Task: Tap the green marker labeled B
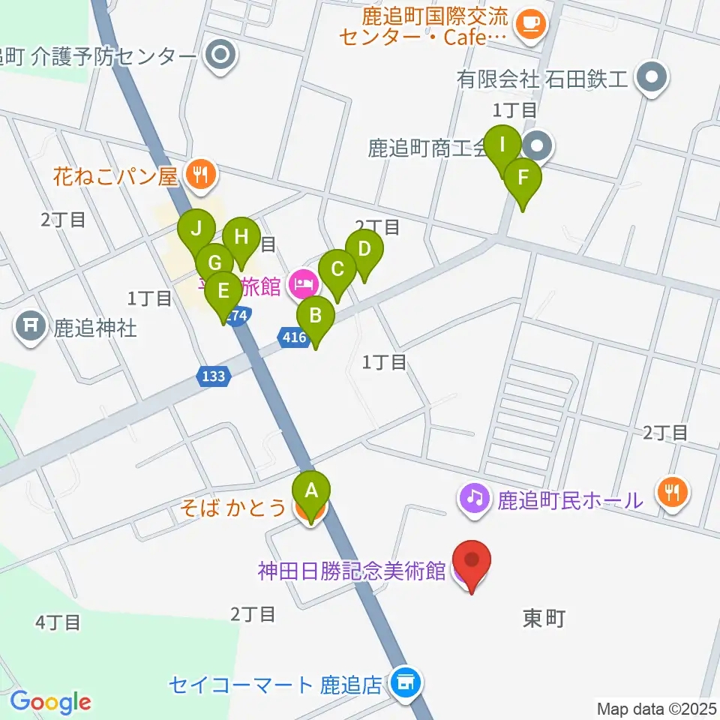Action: pyautogui.click(x=316, y=316)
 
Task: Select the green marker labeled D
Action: pyautogui.click(x=364, y=250)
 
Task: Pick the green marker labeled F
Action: pyautogui.click(x=522, y=179)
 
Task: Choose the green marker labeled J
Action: pyautogui.click(x=196, y=229)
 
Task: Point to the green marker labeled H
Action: pyautogui.click(x=241, y=238)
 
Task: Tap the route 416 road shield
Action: pyautogui.click(x=295, y=337)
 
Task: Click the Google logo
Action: pyautogui.click(x=50, y=702)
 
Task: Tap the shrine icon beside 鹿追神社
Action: pyautogui.click(x=31, y=328)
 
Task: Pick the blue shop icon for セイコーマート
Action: pyautogui.click(x=406, y=683)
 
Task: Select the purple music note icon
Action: pyautogui.click(x=475, y=497)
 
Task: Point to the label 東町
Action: pyautogui.click(x=544, y=619)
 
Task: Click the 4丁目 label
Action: pyautogui.click(x=58, y=622)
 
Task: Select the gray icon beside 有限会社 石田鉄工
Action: pyautogui.click(x=652, y=77)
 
